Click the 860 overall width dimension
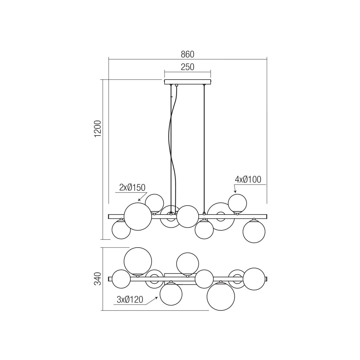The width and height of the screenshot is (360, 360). (187, 54)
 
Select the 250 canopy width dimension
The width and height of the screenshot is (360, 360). (187, 67)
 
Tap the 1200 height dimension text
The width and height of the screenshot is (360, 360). (98, 129)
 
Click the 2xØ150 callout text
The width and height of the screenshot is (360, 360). (132, 188)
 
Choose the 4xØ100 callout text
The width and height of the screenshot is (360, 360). (248, 179)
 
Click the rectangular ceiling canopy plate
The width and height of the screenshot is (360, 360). (188, 82)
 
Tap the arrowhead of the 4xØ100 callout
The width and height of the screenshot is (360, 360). (235, 192)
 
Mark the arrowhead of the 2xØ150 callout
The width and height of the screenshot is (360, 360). (139, 200)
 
